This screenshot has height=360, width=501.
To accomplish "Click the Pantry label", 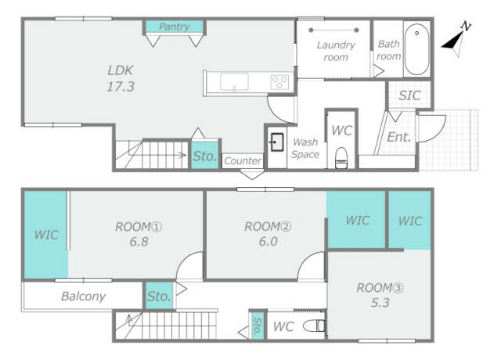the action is pos(174,27).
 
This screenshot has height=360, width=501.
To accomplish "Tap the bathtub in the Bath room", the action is pos(416,49).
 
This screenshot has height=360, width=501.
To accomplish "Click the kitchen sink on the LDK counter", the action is pos(234,81).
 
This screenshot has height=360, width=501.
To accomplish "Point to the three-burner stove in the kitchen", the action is pos(279,81).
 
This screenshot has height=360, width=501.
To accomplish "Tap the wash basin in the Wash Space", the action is pos(276,142).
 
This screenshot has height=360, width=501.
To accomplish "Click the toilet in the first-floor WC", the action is pos(341,157).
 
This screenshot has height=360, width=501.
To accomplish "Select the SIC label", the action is pos(409,95).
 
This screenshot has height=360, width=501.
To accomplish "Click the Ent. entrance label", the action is pos(398,137).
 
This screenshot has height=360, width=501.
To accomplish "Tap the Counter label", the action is pos(243,160).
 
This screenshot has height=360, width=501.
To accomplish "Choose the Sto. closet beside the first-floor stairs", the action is pos(205,155).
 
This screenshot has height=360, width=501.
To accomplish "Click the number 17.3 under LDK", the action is pos(121,87).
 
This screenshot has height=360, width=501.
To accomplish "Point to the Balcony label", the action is pos(83,297).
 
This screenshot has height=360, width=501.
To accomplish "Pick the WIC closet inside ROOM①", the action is pos(46,235).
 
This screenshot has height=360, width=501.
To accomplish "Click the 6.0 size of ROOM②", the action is pos(268,242).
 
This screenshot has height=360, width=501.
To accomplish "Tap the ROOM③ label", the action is pos(380,288).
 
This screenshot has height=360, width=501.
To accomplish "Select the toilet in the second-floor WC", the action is pos(314,326).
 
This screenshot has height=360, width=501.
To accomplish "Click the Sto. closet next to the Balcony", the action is pos(159,296).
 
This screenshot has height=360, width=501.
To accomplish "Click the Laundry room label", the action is pos(336,51).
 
